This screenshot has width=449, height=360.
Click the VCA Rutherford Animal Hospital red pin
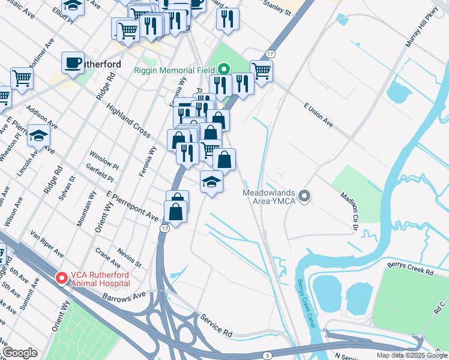(x=61, y=278)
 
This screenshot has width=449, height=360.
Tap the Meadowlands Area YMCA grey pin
(x=305, y=196)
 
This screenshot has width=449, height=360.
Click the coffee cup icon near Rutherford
(x=73, y=62)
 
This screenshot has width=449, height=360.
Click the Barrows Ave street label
(x=124, y=296)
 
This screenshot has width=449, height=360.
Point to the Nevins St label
(x=129, y=257)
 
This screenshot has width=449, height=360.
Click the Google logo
(x=20, y=353)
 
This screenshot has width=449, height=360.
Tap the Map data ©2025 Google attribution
(x=411, y=355)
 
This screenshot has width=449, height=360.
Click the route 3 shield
(x=266, y=355)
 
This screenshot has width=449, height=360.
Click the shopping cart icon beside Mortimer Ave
(x=22, y=77)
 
